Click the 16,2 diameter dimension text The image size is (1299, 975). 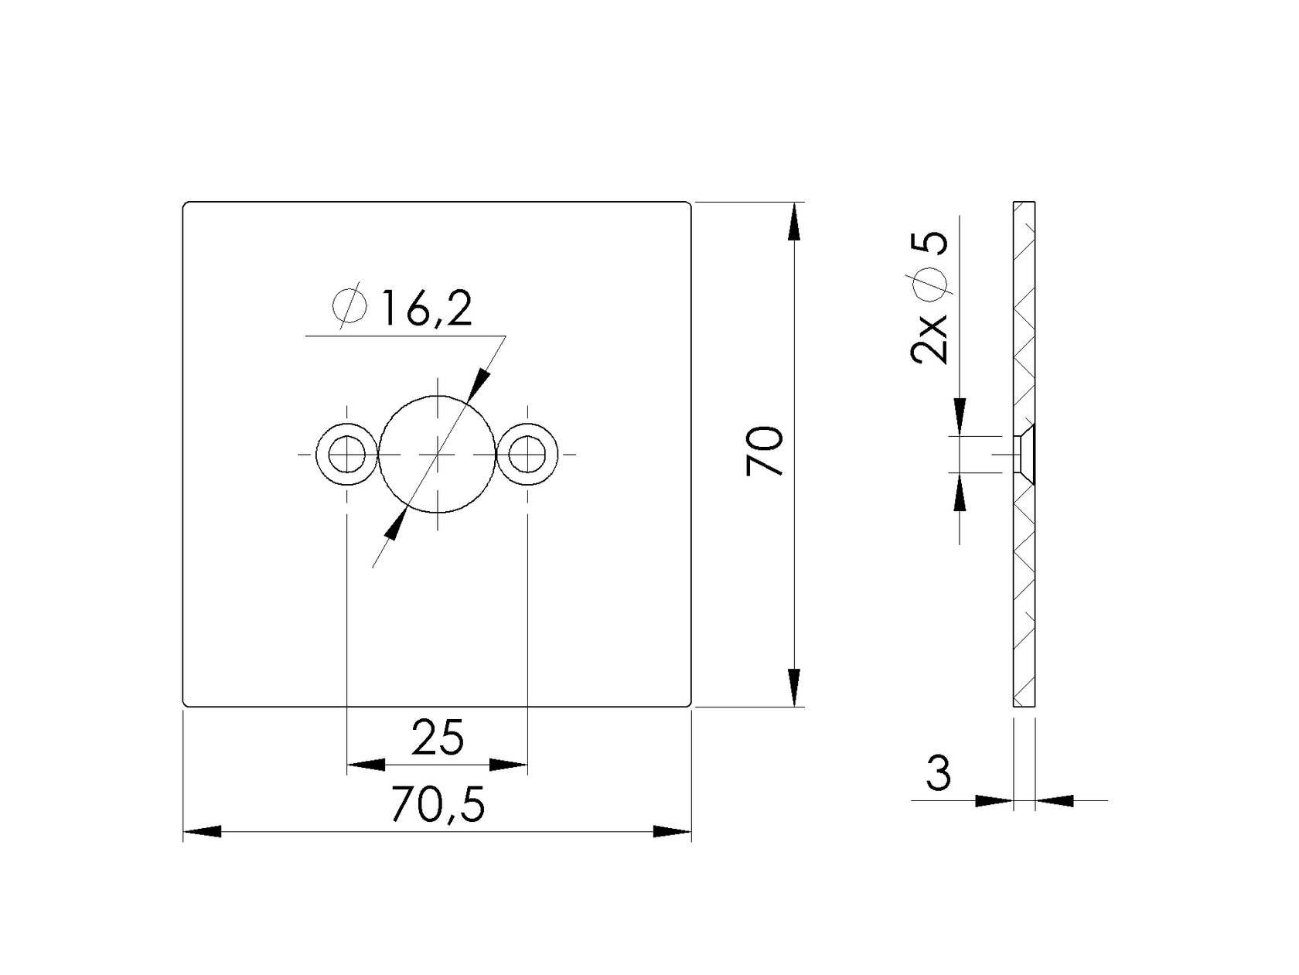424,309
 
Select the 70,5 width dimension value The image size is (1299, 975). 438,805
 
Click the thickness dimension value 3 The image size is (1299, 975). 938,773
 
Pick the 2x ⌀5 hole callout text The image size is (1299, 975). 930,298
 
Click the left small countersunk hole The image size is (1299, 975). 347,454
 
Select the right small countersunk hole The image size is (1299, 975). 527,454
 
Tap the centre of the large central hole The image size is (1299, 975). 438,454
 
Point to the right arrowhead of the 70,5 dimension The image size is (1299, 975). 671,832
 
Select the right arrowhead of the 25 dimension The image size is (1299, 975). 508,765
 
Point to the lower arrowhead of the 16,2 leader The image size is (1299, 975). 395,527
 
